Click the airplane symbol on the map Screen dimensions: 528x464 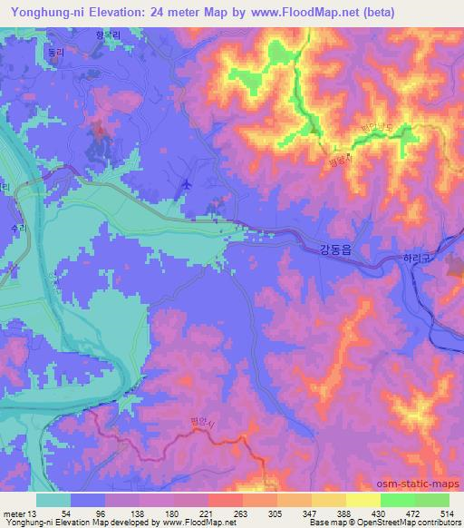(187, 184)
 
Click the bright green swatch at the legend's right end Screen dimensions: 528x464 (431, 499)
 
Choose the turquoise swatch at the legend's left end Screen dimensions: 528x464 (53, 499)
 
